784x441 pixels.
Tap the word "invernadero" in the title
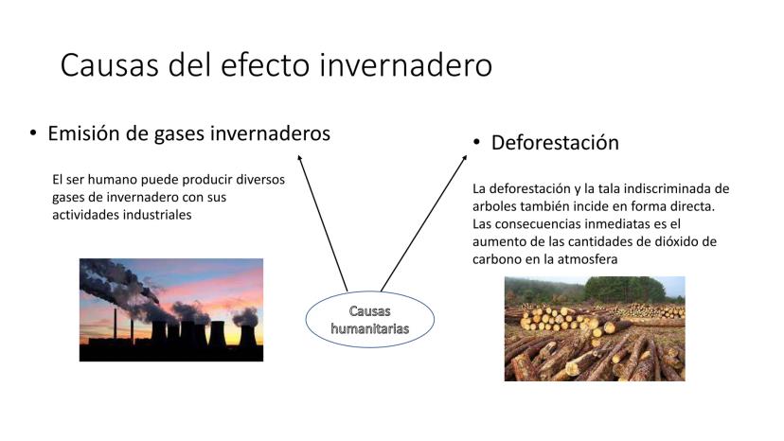pos(405,65)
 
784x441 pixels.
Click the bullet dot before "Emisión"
pos(33,133)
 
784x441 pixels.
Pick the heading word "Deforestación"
pos(555,143)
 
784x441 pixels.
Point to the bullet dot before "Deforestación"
pos(476,143)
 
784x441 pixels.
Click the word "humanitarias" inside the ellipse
pos(370,328)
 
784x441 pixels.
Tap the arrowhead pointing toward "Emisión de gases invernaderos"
pos(299,158)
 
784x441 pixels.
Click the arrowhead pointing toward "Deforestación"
pos(464,158)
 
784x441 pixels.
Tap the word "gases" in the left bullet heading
pos(180,134)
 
